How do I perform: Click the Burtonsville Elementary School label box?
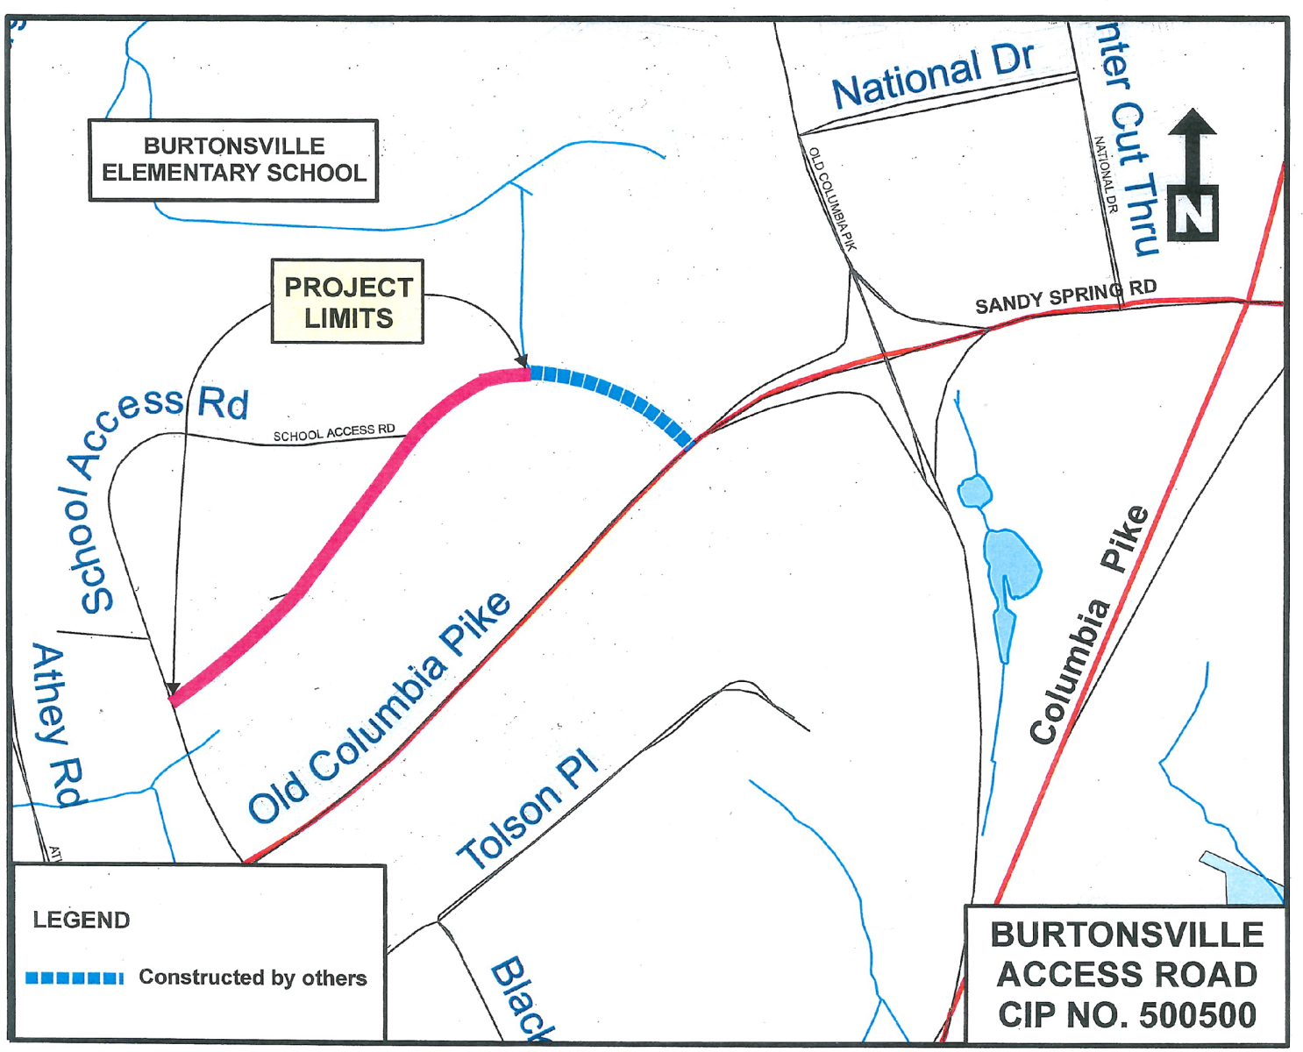pyautogui.click(x=233, y=160)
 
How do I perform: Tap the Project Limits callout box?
pyautogui.click(x=347, y=302)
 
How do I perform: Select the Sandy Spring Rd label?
pyautogui.click(x=1064, y=296)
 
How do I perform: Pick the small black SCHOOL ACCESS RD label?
pyautogui.click(x=334, y=433)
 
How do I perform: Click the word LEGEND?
pyautogui.click(x=81, y=920)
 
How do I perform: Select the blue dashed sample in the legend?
pyautogui.click(x=74, y=978)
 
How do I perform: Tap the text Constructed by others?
pyautogui.click(x=253, y=977)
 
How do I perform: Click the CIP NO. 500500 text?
pyautogui.click(x=1127, y=1015)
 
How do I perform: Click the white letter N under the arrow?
pyautogui.click(x=1193, y=214)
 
